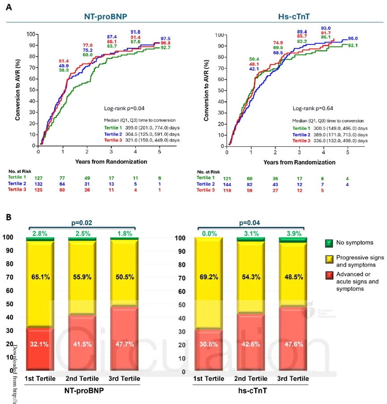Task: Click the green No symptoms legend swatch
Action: tap(329, 243)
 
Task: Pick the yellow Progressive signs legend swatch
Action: tap(329, 259)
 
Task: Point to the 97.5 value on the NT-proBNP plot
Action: tap(166, 38)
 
